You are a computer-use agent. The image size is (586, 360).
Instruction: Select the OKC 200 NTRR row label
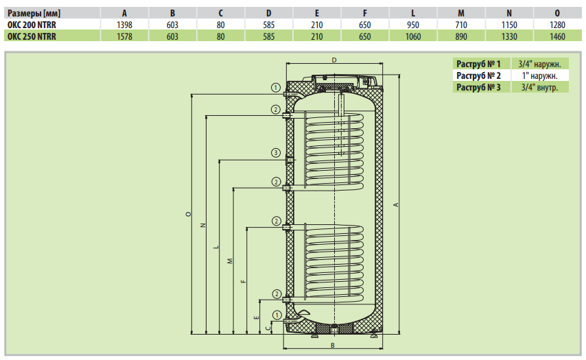click(31, 25)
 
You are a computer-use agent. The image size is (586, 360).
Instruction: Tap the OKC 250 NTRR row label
click(31, 36)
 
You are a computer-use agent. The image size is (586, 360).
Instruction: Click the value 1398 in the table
click(124, 25)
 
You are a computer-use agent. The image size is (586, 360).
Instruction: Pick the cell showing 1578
click(124, 36)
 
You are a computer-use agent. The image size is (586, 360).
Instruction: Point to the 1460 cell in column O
click(557, 36)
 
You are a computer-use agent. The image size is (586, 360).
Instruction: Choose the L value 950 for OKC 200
click(412, 25)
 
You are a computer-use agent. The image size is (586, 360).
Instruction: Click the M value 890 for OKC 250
click(461, 36)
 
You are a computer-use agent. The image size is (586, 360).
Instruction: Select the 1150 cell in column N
click(508, 25)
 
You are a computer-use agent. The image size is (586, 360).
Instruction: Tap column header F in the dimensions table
click(365, 13)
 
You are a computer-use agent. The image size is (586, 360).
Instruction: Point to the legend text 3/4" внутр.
click(539, 87)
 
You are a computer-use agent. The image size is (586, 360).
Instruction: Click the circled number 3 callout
click(275, 152)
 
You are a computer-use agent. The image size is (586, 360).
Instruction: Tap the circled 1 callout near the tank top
click(275, 88)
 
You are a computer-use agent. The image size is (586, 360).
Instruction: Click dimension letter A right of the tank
click(395, 204)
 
